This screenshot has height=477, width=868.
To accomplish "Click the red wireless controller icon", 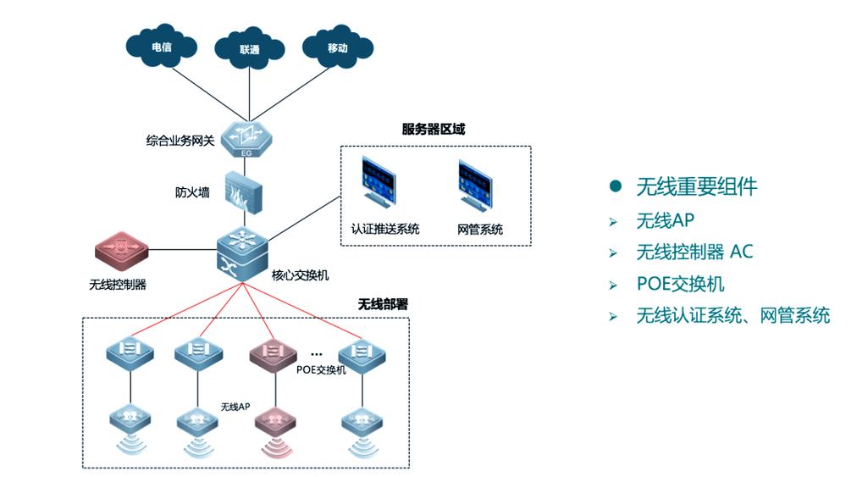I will [121, 250].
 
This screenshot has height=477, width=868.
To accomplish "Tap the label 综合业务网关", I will [180, 140].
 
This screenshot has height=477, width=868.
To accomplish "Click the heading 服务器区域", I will [433, 130].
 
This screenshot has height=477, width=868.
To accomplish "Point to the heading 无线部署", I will [383, 303].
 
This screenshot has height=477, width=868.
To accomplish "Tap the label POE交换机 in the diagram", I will [321, 370].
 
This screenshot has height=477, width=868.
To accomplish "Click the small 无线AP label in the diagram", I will [235, 408].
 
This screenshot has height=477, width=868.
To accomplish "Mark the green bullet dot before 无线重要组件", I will [616, 186].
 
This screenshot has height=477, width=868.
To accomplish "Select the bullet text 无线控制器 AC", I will [694, 252].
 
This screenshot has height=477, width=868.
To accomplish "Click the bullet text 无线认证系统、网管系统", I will [733, 316].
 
